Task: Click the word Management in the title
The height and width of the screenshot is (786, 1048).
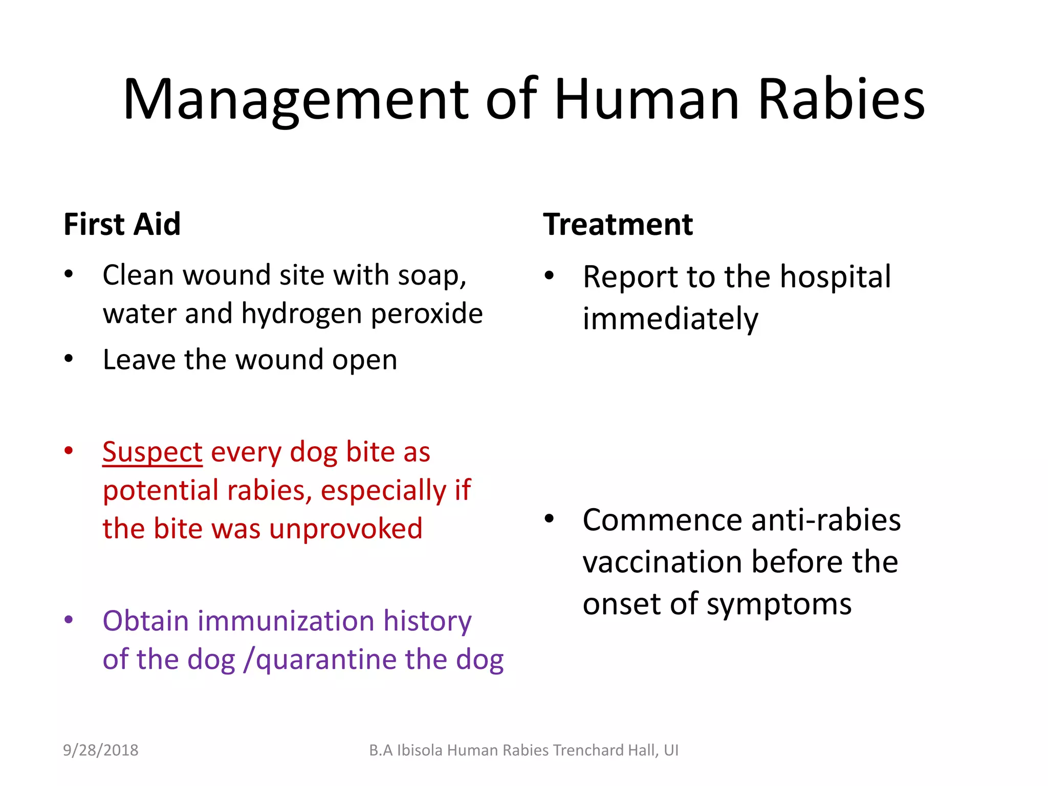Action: pyautogui.click(x=296, y=100)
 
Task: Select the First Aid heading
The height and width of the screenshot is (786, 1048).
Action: pyautogui.click(x=122, y=224)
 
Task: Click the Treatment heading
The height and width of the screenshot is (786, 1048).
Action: pyautogui.click(x=618, y=224)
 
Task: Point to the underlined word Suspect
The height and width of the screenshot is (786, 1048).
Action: pyautogui.click(x=152, y=452)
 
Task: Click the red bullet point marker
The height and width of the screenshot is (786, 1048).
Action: pyautogui.click(x=69, y=451)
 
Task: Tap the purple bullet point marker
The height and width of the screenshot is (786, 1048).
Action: pyautogui.click(x=69, y=620)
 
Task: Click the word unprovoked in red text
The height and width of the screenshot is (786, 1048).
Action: pyautogui.click(x=346, y=529)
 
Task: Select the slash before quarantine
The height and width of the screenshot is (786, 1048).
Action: pyautogui.click(x=249, y=660)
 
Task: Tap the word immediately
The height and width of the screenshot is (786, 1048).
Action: pyautogui.click(x=670, y=319)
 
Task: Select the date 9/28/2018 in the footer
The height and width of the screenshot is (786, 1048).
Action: pyautogui.click(x=101, y=750)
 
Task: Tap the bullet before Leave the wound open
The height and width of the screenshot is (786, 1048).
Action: pyautogui.click(x=69, y=359)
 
